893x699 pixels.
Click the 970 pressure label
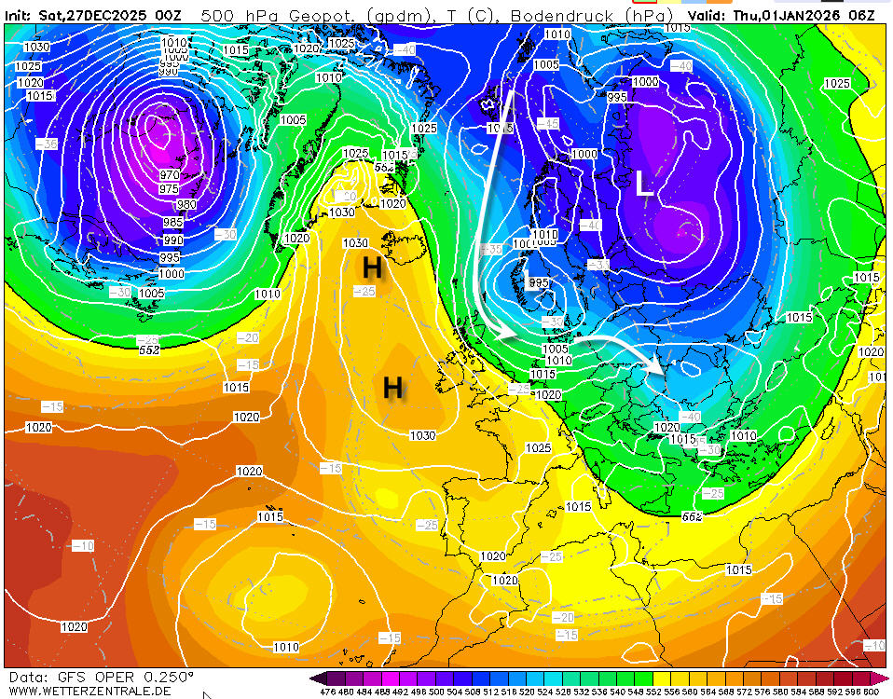coord(169,174)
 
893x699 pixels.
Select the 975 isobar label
coord(169,188)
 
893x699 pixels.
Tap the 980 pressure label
coord(186,205)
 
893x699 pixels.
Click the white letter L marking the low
coord(643,184)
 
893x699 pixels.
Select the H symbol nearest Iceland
coord(372,268)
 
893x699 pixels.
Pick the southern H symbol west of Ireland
coord(393,387)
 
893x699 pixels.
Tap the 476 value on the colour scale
coord(327,692)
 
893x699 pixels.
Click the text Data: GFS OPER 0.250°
coord(102,677)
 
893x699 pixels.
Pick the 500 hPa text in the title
coord(233,16)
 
